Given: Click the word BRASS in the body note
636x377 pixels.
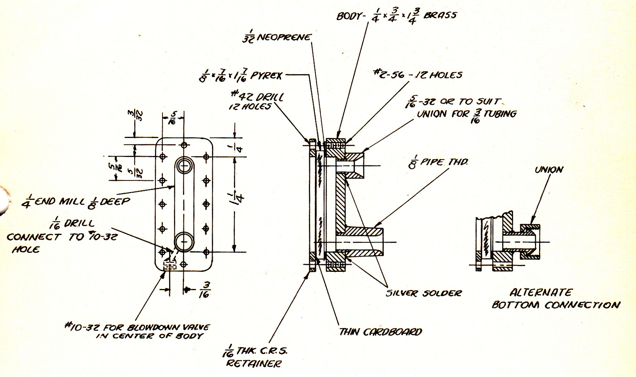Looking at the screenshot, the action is click(440, 15).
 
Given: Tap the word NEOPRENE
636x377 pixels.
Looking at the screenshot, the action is click(284, 37).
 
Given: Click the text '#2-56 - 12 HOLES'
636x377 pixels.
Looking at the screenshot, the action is click(418, 75).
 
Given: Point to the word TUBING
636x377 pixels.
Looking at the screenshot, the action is click(500, 114).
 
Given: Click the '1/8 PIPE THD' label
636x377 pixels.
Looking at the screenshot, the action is click(438, 163).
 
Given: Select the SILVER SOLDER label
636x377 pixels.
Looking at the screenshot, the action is click(424, 293).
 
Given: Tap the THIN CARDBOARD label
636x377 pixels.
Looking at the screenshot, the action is click(381, 332).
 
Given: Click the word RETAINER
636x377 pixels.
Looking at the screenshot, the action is click(254, 363).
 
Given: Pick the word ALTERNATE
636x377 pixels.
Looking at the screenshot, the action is click(541, 292).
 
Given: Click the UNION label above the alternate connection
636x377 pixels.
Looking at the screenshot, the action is click(549, 170).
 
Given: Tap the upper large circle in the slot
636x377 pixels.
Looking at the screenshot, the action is click(184, 165).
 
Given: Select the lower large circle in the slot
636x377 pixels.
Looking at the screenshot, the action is click(184, 242).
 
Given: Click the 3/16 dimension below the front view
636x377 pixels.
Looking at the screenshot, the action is click(204, 289).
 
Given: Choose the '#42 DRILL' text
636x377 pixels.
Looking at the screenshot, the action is click(257, 97).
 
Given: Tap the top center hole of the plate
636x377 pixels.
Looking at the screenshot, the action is click(184, 145).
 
